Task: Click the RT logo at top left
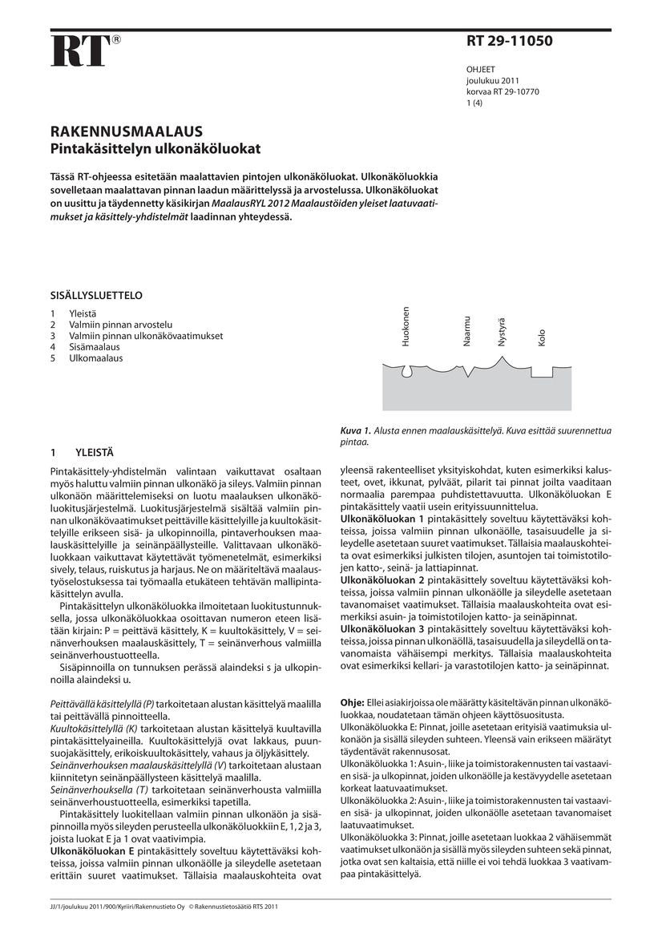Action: point(80,50)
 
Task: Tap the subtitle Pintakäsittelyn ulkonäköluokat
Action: point(155,148)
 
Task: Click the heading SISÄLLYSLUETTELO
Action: point(96,295)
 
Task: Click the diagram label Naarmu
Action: point(466,331)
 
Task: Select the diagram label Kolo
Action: point(542,337)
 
